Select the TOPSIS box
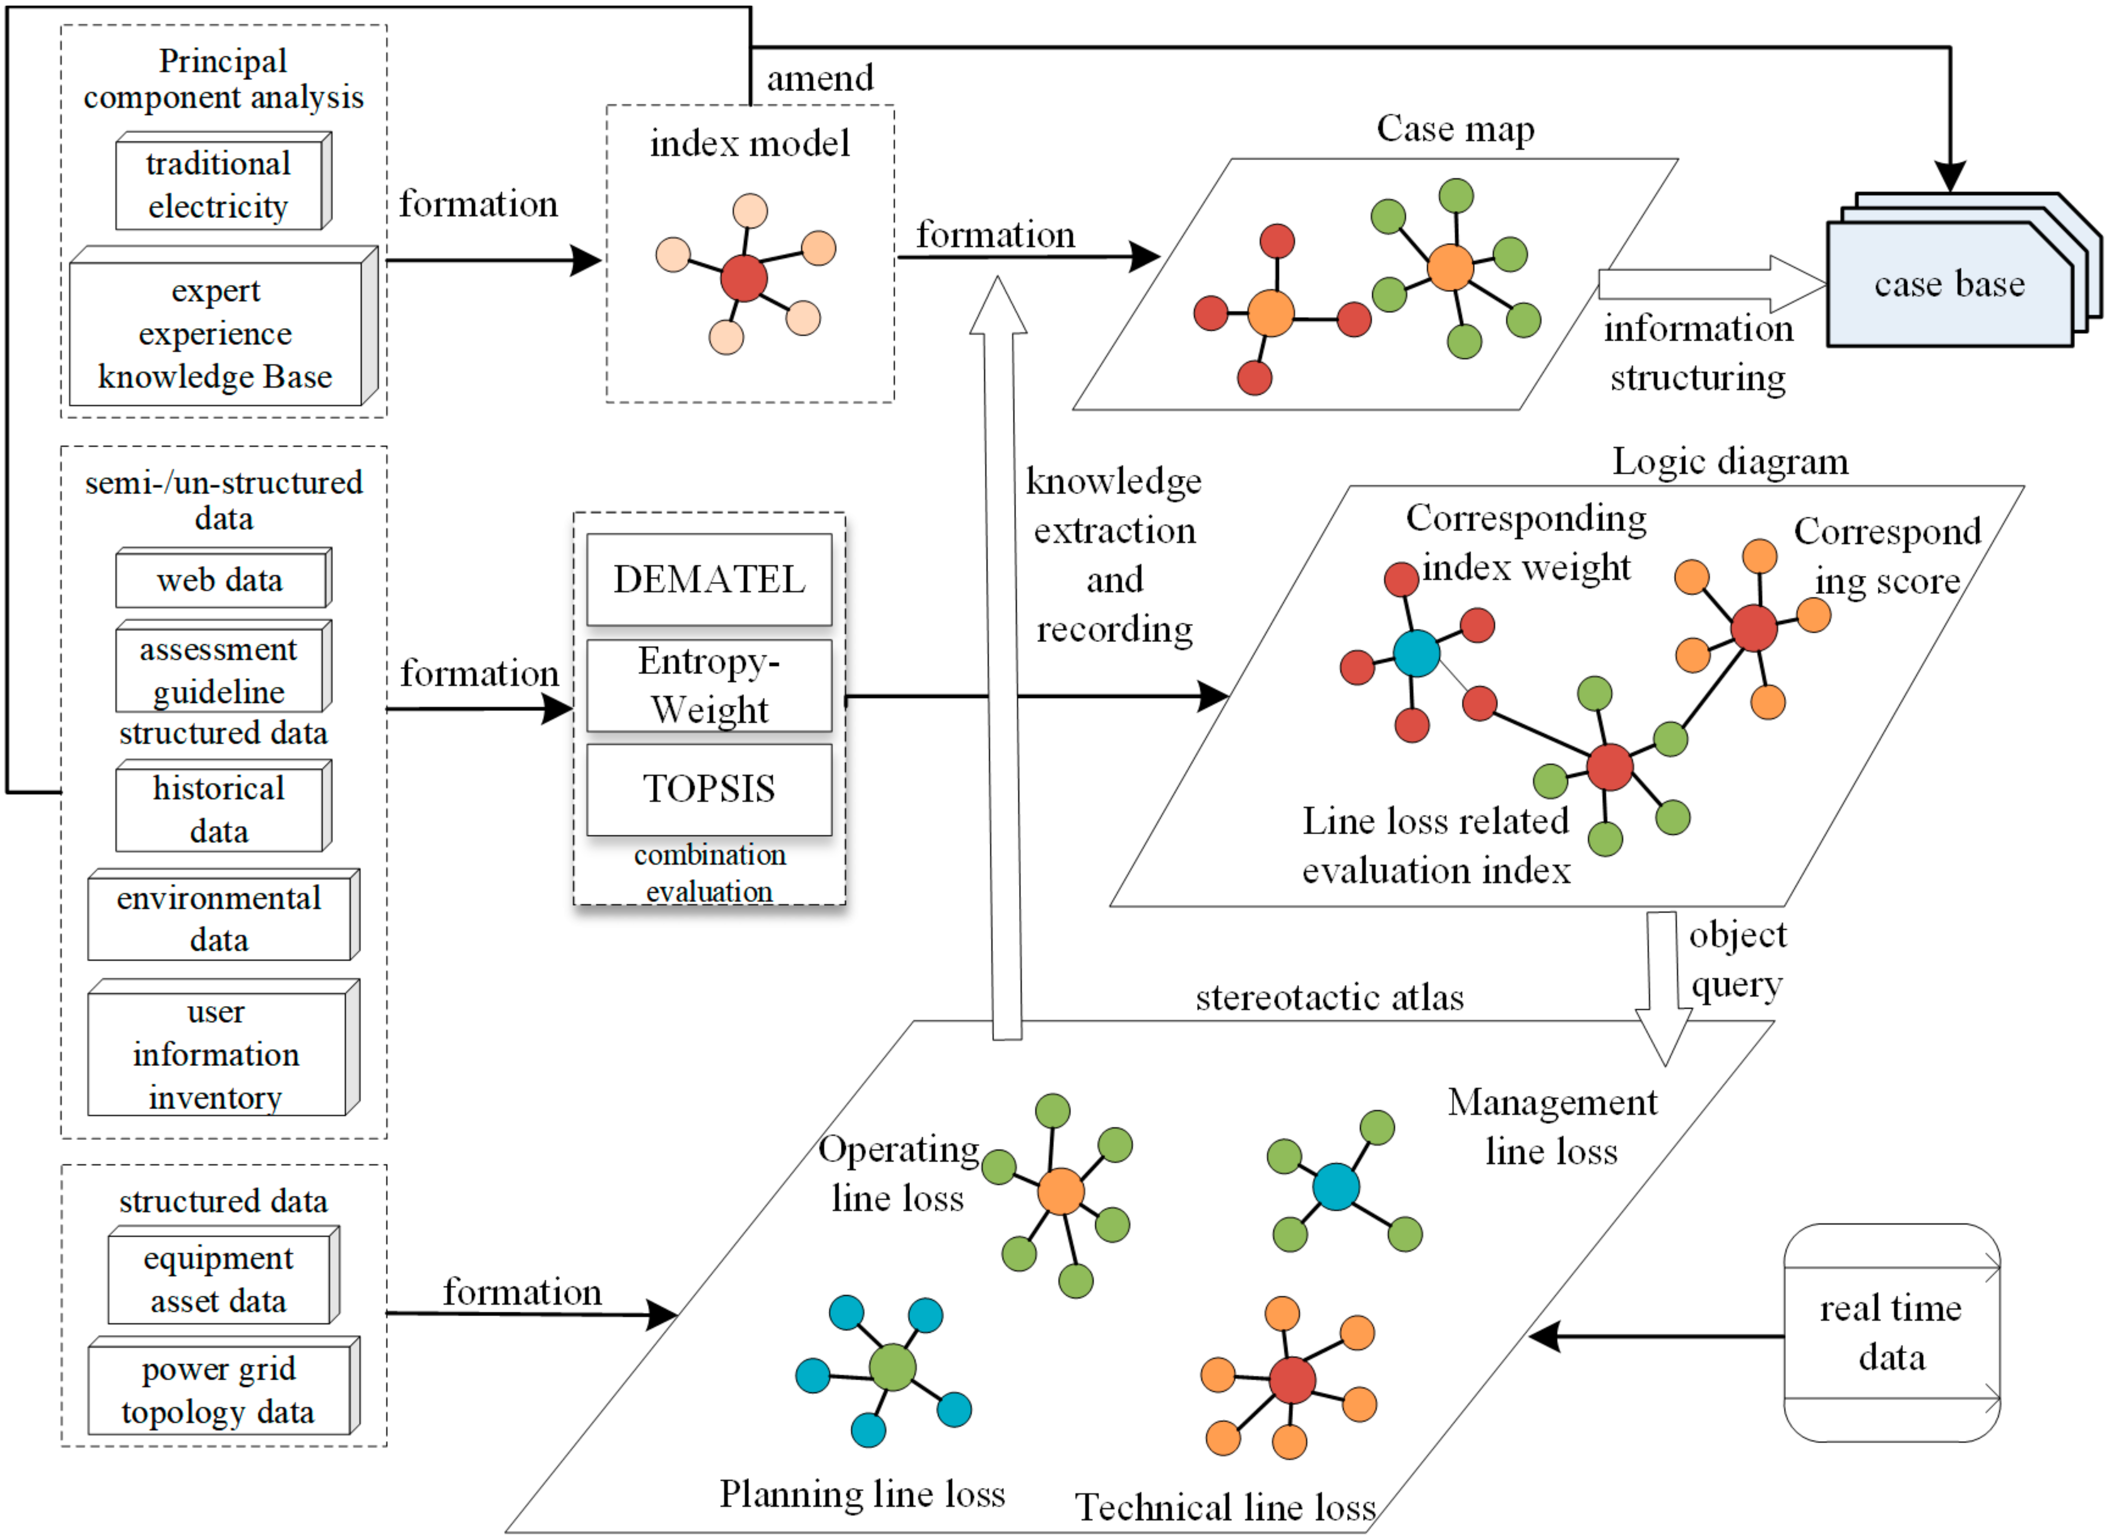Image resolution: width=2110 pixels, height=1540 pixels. pyautogui.click(x=709, y=788)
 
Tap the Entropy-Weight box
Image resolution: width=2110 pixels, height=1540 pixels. pyautogui.click(x=709, y=685)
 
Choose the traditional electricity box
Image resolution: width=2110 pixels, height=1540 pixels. pyautogui.click(x=219, y=183)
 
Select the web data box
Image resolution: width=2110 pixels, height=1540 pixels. pyautogui.click(x=221, y=580)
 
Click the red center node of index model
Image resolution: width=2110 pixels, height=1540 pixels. pyautogui.click(x=744, y=278)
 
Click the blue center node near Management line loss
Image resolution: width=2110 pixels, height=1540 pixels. pyautogui.click(x=1335, y=1187)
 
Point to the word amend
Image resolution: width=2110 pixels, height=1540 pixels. pyautogui.click(x=820, y=78)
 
